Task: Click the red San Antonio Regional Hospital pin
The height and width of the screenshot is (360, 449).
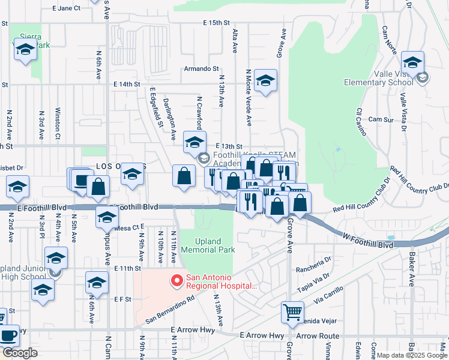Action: tap(176, 280)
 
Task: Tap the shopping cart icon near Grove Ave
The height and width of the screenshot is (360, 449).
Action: tap(292, 311)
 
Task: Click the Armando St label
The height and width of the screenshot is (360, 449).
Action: tap(201, 69)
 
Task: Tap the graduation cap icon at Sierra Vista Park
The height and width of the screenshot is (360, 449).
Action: tap(25, 50)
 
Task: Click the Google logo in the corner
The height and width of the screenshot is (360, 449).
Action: tap(20, 353)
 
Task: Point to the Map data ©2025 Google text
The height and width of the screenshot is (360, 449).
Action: tap(412, 355)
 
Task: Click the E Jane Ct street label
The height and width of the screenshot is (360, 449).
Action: tap(66, 8)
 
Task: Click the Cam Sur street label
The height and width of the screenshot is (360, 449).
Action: tap(381, 119)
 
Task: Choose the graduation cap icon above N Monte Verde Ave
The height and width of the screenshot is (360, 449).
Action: tap(265, 81)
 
